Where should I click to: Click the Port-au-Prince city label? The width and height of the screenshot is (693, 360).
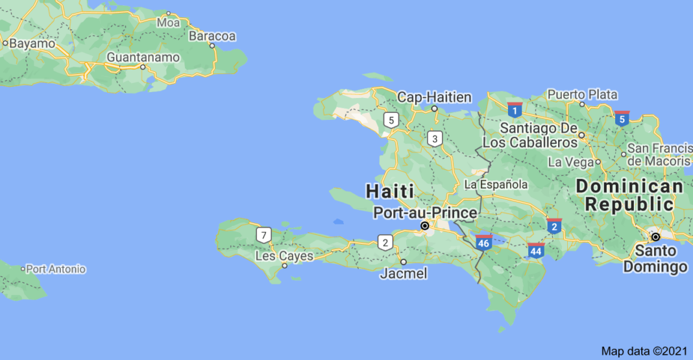425,212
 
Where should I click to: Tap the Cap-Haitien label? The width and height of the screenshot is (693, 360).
434,97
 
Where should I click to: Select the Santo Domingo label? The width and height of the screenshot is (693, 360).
655,258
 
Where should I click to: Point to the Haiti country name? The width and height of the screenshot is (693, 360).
389,191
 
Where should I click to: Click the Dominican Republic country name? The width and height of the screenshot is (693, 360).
630,195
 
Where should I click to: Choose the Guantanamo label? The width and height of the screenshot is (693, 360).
143,57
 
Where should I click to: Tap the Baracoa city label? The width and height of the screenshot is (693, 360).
212,36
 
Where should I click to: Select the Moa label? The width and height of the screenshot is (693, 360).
169,23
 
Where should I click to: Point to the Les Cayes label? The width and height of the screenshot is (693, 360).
284,256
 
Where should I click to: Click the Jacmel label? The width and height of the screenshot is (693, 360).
403,274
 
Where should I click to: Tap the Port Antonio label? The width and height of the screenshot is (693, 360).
55,269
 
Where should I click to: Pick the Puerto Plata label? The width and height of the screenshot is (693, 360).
582,94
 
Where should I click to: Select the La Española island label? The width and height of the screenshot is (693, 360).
496,185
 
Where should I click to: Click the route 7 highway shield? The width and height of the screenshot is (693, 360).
263,235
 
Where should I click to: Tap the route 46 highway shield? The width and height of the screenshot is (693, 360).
483,242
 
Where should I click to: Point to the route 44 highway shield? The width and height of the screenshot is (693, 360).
536,250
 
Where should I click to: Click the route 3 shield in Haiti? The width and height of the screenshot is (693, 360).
435,138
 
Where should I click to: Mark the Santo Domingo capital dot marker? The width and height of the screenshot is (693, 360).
655,237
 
